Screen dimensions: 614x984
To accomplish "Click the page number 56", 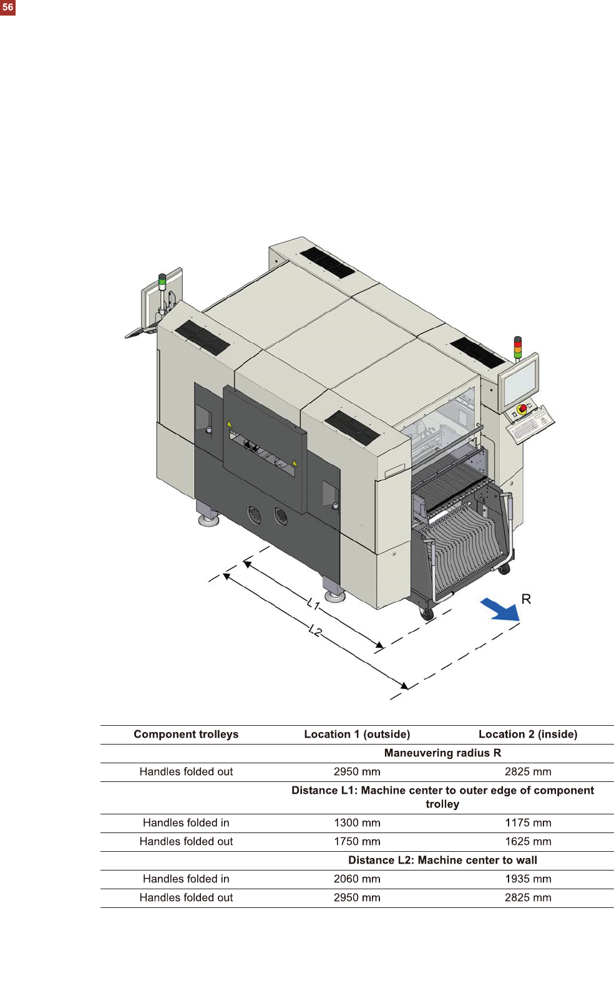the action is [7, 7].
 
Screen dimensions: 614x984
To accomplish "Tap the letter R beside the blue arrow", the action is [526, 599].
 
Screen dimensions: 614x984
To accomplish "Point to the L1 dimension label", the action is [313, 604].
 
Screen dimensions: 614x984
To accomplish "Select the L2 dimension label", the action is [316, 630].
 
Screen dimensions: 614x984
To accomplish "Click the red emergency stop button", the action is [522, 409].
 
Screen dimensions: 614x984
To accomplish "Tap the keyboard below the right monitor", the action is [528, 427].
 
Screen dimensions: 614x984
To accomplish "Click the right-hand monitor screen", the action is [519, 382].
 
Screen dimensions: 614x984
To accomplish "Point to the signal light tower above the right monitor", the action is [517, 348].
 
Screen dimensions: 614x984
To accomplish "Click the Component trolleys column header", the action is [186, 734].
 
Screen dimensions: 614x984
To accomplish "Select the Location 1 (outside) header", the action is [357, 734].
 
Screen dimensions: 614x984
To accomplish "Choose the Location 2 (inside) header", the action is [528, 734].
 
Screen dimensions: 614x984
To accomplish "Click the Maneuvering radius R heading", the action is [442, 753].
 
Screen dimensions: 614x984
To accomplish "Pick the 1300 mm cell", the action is [357, 822].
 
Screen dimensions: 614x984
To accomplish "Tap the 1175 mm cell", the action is [528, 822].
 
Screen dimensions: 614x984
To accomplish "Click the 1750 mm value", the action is [357, 841].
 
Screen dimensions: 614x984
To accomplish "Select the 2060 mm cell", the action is [357, 879].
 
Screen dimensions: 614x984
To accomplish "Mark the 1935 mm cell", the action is [528, 879].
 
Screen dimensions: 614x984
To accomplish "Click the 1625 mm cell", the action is [528, 841].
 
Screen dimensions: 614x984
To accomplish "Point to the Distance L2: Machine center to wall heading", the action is [442, 860].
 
